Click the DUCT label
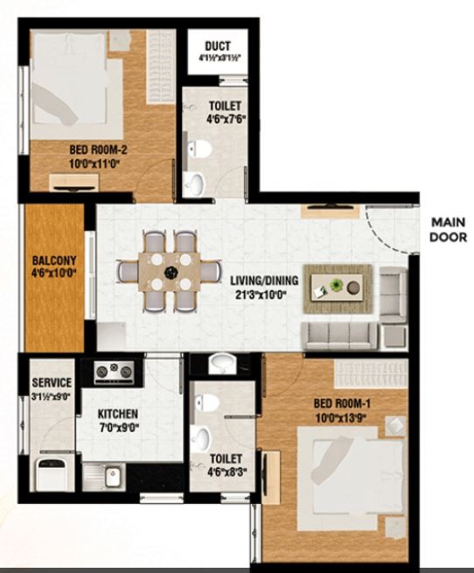coord(218,46)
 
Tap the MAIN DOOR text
coord(448,230)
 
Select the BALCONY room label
coord(54,261)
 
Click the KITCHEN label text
coord(118,414)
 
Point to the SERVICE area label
coord(52,382)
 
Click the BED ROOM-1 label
coord(342,403)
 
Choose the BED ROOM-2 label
coord(98,150)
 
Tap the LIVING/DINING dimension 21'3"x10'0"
coord(260,295)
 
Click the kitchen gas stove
coord(114,372)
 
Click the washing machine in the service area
coord(52,474)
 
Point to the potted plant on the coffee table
coord(337,284)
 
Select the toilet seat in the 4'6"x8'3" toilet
coord(207,402)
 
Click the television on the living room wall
coord(331,207)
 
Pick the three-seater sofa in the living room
coord(338,336)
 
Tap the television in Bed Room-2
coord(76,188)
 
